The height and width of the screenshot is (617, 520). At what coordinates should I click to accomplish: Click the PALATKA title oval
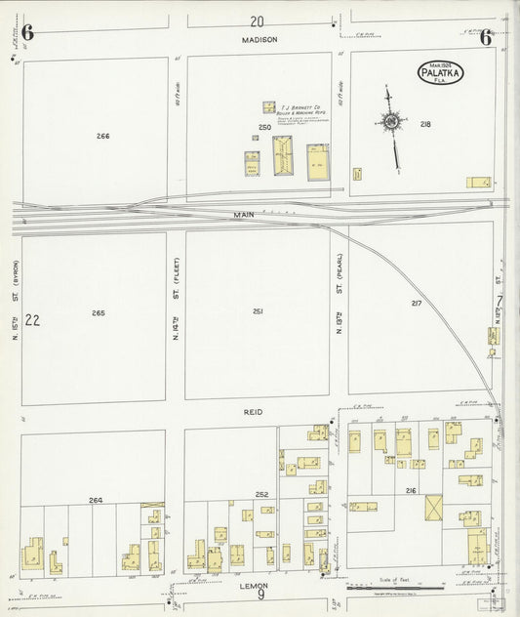pos(441,71)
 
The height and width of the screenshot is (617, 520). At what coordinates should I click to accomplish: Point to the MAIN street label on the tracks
pos(243,213)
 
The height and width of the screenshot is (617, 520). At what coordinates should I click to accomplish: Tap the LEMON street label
pos(255,587)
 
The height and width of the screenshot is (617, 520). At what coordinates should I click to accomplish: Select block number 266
pos(103,136)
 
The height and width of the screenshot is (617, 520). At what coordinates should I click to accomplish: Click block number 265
pos(99,313)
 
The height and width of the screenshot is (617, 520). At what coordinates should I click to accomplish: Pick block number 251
pos(259,311)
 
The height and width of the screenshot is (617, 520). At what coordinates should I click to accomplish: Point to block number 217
pos(417,303)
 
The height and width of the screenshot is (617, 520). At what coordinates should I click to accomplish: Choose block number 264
pos(96,500)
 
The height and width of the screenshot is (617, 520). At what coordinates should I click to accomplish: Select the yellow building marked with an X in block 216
pos(433,508)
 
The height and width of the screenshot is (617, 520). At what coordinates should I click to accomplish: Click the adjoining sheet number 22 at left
pos(32,319)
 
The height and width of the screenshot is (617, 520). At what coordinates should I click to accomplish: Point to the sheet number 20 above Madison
pos(257,21)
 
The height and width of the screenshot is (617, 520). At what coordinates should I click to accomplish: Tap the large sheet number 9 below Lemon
pos(260,598)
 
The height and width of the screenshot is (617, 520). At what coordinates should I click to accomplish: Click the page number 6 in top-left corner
pos(27,34)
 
